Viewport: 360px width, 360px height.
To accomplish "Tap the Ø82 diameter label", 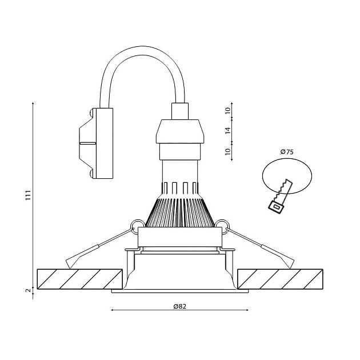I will click(179, 306).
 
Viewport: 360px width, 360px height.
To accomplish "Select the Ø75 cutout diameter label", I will click(287, 152).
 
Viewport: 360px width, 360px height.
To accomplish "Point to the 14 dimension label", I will click(227, 131).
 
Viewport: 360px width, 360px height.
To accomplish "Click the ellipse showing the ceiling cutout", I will click(287, 175).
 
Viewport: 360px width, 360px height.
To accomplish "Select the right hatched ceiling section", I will click(280, 278).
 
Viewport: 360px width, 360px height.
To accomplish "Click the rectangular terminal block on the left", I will click(103, 143).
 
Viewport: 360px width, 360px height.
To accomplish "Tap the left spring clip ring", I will click(137, 224).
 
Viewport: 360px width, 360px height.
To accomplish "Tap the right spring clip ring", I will click(222, 224).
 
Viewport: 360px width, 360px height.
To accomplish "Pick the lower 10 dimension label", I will click(227, 152).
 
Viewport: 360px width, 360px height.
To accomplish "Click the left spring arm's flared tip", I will click(72, 261).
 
